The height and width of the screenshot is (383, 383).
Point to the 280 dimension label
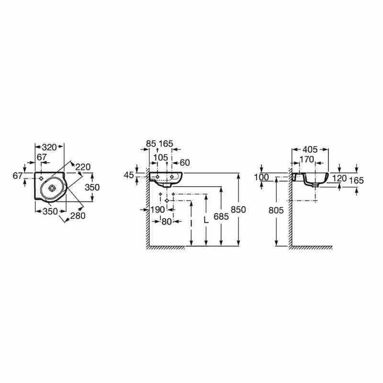pos(78,216)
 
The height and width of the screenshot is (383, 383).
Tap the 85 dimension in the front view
pos(151,143)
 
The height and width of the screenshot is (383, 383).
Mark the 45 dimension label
pos(128,175)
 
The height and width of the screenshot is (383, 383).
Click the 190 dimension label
pos(157,209)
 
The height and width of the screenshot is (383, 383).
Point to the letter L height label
pos(206,220)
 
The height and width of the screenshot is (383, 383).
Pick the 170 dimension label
pos(306,159)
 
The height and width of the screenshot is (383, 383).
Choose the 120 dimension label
pos(339,178)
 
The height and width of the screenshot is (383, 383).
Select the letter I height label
pos(191,223)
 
